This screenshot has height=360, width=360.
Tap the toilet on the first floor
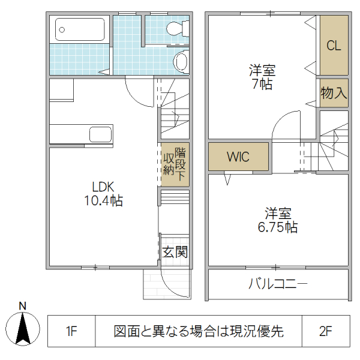[x=175, y=28]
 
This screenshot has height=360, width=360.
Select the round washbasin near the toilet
[x=181, y=61]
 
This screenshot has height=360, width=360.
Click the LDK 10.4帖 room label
[x=103, y=193]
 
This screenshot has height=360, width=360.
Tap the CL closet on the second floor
[x=334, y=46]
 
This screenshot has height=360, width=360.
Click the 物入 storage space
[x=334, y=93]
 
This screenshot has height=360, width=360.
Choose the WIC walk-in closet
[x=238, y=157]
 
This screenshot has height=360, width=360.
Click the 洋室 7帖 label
[x=262, y=77]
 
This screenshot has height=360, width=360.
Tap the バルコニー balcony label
[x=278, y=284]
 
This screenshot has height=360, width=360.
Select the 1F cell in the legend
[x=71, y=331]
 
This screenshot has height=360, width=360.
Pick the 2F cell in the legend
[x=325, y=331]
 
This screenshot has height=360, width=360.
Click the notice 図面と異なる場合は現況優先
[x=199, y=331]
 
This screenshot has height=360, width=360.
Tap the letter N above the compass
[x=23, y=306]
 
